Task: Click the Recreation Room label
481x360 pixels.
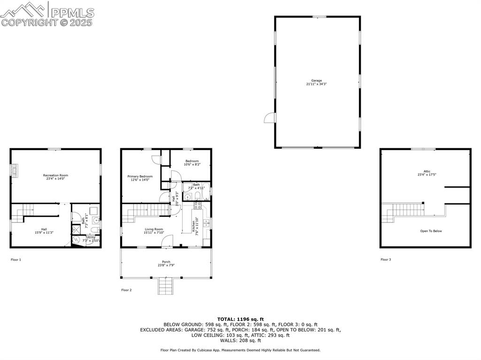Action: pyautogui.click(x=55, y=175)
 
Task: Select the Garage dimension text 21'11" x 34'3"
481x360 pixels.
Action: pyautogui.click(x=316, y=84)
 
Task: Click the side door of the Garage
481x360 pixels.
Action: pyautogui.click(x=269, y=117)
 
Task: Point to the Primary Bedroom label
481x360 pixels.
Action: pyautogui.click(x=140, y=176)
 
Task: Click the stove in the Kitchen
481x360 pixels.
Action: pyautogui.click(x=198, y=205)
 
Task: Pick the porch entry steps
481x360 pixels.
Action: pyautogui.click(x=165, y=285)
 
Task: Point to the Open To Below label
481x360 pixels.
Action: pyautogui.click(x=431, y=231)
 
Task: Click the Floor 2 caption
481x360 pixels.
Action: pyautogui.click(x=126, y=290)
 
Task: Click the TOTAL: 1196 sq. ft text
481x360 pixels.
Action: pyautogui.click(x=240, y=319)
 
